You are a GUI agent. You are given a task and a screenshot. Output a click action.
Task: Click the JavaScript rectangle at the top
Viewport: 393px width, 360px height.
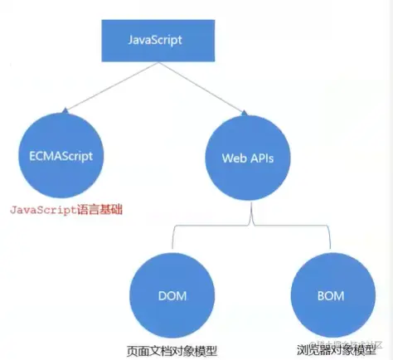(x=154, y=40)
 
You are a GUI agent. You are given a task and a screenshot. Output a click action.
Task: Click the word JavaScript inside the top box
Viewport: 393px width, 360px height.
(x=154, y=40)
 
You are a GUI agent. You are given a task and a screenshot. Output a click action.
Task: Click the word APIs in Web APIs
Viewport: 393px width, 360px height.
(x=261, y=157)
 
